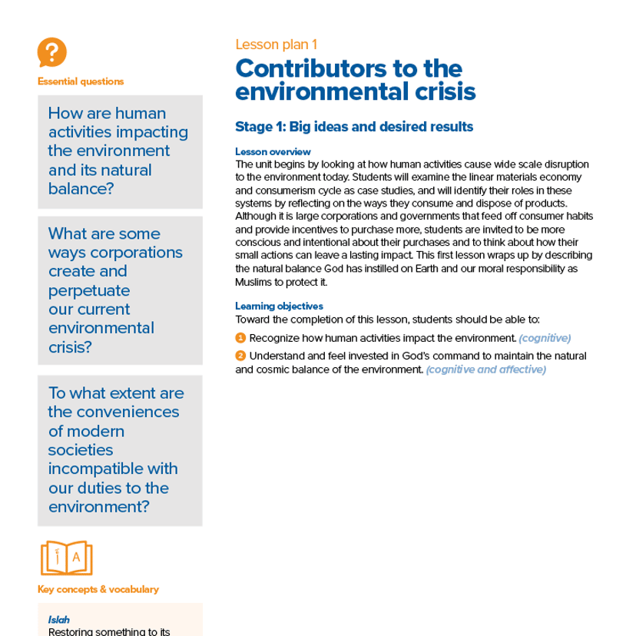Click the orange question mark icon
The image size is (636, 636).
coord(51,53)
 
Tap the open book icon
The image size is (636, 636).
coord(65,558)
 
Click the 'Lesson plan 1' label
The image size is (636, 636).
coord(276,45)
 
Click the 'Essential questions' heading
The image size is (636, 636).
coord(80,81)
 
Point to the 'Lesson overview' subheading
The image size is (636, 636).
coord(273,152)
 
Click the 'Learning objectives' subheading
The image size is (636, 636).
coord(279,306)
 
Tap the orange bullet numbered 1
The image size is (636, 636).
coord(240,338)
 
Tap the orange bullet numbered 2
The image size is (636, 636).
coord(240,356)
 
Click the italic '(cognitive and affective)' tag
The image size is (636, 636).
coord(485,369)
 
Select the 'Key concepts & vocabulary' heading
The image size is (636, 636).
coord(98,589)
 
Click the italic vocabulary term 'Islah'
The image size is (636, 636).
coord(59,619)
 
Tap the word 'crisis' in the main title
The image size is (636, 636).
coord(441,92)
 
